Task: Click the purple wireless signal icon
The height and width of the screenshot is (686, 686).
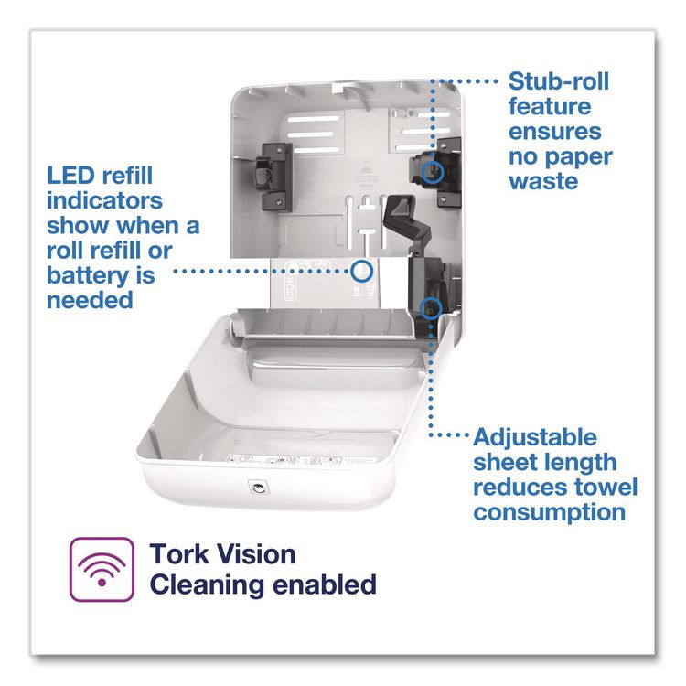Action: pyautogui.click(x=102, y=569)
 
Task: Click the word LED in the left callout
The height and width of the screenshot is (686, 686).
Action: pyautogui.click(x=70, y=176)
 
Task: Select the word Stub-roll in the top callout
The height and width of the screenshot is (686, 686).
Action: pyautogui.click(x=559, y=81)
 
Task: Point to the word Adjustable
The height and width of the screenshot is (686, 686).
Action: pyautogui.click(x=535, y=437)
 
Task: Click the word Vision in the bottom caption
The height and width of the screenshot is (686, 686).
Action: pyautogui.click(x=257, y=554)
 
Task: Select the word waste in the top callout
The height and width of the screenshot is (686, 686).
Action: pyautogui.click(x=543, y=181)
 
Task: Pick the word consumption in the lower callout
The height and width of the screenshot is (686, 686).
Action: pyautogui.click(x=550, y=512)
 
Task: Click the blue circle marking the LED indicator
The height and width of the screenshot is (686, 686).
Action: pyautogui.click(x=361, y=271)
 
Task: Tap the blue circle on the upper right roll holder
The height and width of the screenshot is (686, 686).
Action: pyautogui.click(x=433, y=171)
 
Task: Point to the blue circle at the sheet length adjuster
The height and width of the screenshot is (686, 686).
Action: pyautogui.click(x=431, y=308)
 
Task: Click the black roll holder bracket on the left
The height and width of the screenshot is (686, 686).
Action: pyautogui.click(x=273, y=177)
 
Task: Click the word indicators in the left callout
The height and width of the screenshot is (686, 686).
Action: pyautogui.click(x=104, y=201)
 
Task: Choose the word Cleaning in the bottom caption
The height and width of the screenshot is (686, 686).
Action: pyautogui.click(x=207, y=585)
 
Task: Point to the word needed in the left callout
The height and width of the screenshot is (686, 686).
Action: pyautogui.click(x=90, y=301)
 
